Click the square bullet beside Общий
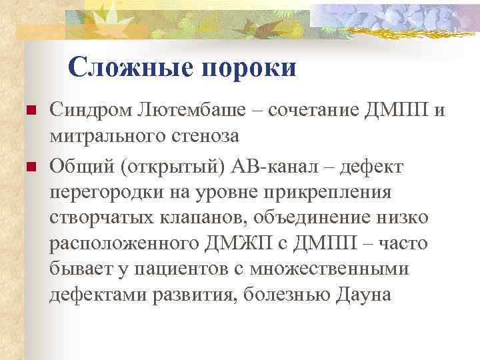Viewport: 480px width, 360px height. pyautogui.click(x=28, y=165)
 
